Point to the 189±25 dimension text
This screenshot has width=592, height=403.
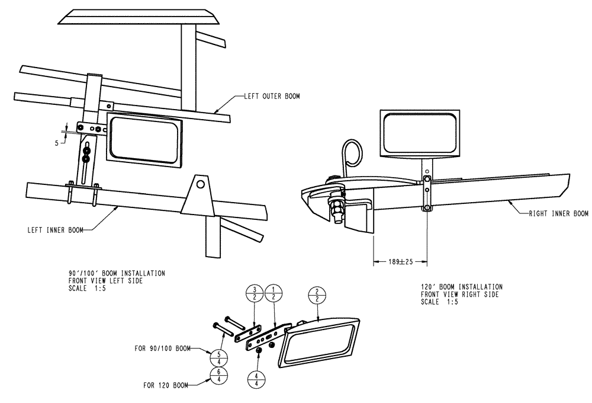[400, 260]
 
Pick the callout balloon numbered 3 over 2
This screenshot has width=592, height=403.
[255, 293]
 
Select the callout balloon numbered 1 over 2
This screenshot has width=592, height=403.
[275, 293]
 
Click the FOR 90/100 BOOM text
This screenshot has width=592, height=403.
[162, 350]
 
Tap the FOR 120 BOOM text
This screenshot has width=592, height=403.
[166, 385]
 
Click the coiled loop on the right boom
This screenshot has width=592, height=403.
[352, 153]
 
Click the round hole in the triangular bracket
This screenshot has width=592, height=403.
[201, 184]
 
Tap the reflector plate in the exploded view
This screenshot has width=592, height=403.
[321, 341]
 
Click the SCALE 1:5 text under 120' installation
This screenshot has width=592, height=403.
[439, 302]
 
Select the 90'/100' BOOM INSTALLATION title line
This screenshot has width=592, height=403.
[117, 273]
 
